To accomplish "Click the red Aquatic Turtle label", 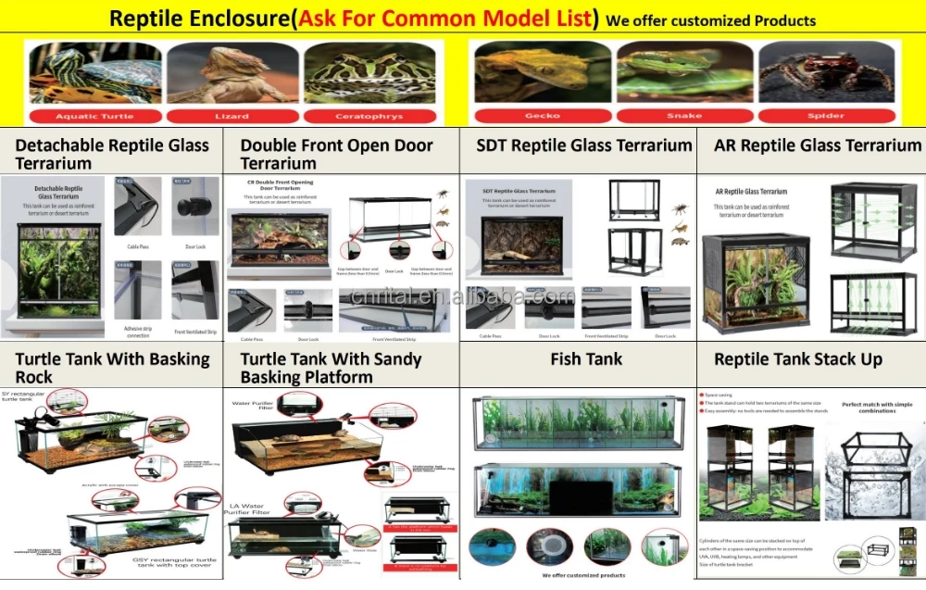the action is (94, 116).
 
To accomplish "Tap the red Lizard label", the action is (231, 116).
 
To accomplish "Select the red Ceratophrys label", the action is (368, 116).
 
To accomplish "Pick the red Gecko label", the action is (542, 116).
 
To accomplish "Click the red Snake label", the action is (683, 116).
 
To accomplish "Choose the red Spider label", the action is (826, 116).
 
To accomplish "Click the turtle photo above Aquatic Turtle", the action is (94, 74).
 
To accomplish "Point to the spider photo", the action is (826, 74).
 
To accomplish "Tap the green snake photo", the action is (683, 74).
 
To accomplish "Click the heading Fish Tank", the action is (586, 359).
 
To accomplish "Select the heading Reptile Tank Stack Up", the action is (798, 359).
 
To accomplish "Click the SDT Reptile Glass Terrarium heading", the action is (584, 145).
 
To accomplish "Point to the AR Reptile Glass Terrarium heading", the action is (818, 145).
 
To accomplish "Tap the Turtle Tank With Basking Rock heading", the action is (112, 368).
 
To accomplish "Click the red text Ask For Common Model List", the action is (446, 19).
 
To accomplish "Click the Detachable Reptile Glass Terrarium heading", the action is (112, 154).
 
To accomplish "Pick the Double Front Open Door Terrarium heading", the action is (336, 154).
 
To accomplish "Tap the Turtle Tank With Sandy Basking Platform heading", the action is (331, 368).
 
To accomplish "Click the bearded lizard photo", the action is (231, 74).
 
